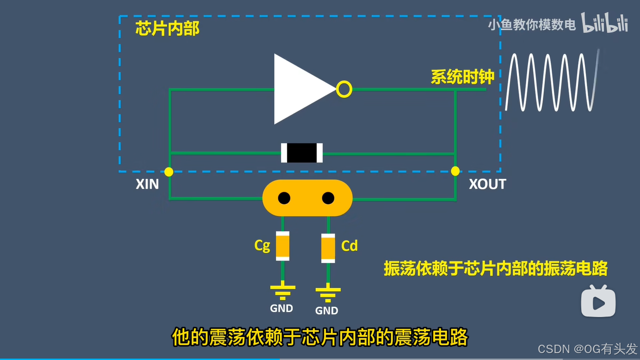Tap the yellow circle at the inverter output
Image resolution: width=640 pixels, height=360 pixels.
[x=344, y=89]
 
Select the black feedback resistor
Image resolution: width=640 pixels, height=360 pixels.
[x=302, y=153]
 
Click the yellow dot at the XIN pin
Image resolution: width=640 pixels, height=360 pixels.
[x=169, y=172]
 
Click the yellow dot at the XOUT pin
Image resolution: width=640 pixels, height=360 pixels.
[x=455, y=171]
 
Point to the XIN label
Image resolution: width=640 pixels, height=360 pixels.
[x=147, y=184]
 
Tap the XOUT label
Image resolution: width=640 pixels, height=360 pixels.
[x=487, y=184]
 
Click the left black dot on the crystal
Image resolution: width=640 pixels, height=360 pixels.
[x=284, y=198]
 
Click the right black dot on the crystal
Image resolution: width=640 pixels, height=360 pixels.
[x=328, y=198]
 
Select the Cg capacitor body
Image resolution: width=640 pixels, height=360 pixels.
[x=283, y=246]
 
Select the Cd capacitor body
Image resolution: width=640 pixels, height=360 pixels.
[x=328, y=248]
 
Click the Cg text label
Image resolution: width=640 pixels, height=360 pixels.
[x=262, y=245]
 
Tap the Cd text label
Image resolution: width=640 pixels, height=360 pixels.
[x=350, y=246]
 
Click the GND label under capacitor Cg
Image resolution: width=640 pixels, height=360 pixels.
[x=282, y=308]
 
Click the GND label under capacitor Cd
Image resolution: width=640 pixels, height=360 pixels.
[x=326, y=311]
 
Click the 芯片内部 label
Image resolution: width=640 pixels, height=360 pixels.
[x=167, y=29]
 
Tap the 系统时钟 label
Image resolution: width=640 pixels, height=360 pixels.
[x=462, y=77]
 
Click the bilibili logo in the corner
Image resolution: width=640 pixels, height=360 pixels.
[x=604, y=23]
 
